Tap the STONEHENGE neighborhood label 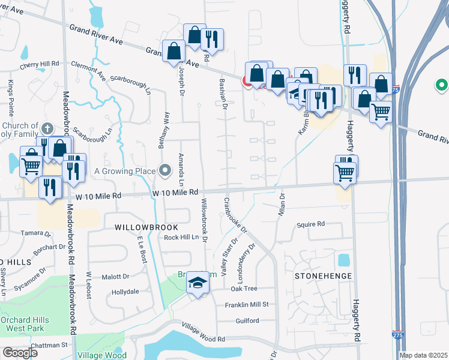tap(319, 276)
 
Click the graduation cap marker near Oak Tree tap(197, 282)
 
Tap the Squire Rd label tap(310, 224)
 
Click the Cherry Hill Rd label tap(40, 63)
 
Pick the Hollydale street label tap(125, 292)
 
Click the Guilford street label tap(247, 320)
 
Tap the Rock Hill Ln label tap(181, 238)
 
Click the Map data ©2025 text tap(423, 355)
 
